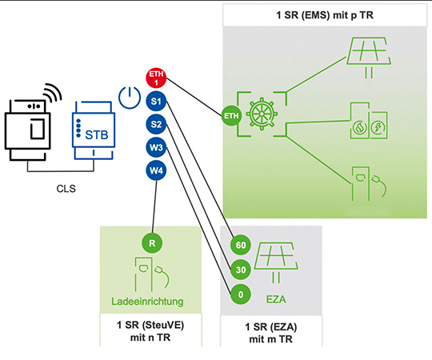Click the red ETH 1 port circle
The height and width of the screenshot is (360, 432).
(x=155, y=79)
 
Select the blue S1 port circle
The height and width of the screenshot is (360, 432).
(x=155, y=102)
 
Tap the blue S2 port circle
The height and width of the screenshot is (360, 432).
(x=155, y=125)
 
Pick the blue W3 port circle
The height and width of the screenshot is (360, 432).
(x=155, y=147)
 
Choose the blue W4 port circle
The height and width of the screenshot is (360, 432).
(x=155, y=170)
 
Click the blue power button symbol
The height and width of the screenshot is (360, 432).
(x=128, y=98)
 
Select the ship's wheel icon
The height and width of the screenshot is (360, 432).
(x=264, y=116)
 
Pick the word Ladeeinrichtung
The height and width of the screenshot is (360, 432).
(x=150, y=302)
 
